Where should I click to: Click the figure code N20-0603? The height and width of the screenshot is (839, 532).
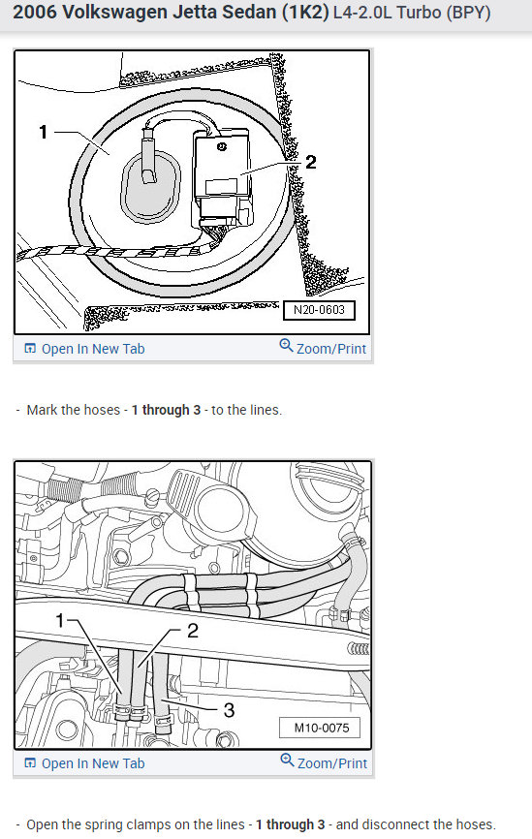tap(318, 311)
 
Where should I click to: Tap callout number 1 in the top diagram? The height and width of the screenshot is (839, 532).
tap(43, 132)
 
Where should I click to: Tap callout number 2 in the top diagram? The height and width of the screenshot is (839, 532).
tap(310, 162)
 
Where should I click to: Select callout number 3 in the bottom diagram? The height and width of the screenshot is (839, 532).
tap(229, 710)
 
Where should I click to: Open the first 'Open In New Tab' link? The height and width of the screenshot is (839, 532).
tap(92, 349)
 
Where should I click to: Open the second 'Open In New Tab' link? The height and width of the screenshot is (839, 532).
tap(92, 763)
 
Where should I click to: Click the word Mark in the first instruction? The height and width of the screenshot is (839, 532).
tap(43, 410)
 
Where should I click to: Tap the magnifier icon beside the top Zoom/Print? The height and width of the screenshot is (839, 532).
tap(286, 346)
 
